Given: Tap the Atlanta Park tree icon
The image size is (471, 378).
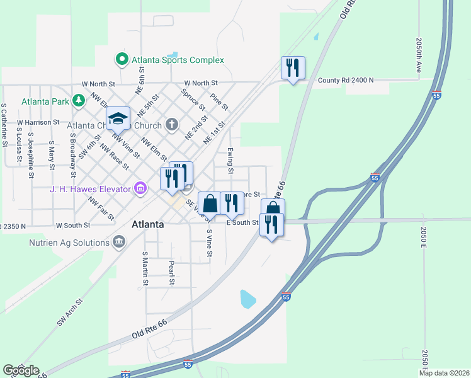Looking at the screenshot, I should click(x=79, y=100).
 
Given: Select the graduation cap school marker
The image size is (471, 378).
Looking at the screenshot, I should click(x=117, y=118).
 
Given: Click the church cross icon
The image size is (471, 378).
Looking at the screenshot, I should click(x=172, y=124).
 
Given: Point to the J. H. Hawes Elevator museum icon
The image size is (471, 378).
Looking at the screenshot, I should click(x=140, y=188).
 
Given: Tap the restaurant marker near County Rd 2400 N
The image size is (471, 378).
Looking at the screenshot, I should click(x=293, y=67).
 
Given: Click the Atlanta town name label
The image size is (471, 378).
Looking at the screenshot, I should click(x=149, y=224).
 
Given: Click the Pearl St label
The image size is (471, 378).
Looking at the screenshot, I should click(x=171, y=271).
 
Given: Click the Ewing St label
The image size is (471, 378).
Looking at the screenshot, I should click(x=230, y=161).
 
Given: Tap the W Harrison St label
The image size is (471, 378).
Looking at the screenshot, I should click(x=38, y=122).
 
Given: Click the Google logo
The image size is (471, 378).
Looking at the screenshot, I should click(x=21, y=370).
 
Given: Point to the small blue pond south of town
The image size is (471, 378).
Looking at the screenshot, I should click(x=248, y=299).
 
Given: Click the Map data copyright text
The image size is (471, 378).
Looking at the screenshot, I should click(x=444, y=373).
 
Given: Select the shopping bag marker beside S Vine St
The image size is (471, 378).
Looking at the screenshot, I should click(x=210, y=203).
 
